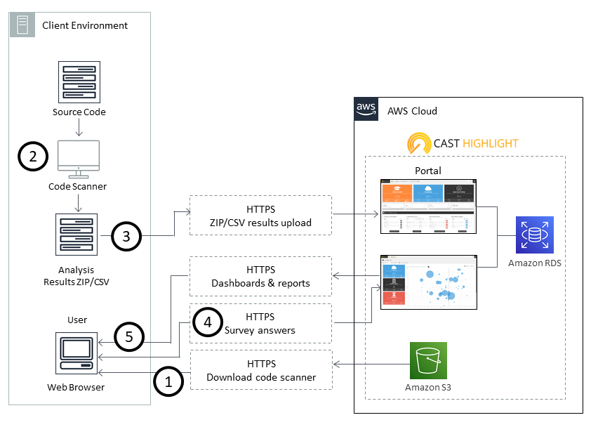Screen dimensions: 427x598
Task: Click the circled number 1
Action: pos(168,382)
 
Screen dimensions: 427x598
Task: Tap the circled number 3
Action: pos(126,236)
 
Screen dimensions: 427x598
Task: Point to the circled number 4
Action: pos(207,322)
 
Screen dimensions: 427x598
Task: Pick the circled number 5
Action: pos(128,336)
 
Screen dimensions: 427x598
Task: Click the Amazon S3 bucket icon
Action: pos(428,360)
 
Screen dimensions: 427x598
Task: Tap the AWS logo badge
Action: pos(366,110)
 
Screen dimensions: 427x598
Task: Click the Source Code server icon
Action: pos(79,80)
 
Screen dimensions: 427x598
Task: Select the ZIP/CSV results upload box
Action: pos(261,216)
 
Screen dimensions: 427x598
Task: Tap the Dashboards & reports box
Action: pos(261,276)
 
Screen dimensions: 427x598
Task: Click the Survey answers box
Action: pos(261,323)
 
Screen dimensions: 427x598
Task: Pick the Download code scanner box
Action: pos(261,370)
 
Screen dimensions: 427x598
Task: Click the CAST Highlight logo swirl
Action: pos(419,144)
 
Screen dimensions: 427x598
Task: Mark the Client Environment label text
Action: pos(85,26)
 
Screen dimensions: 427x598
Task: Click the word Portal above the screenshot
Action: pos(427,171)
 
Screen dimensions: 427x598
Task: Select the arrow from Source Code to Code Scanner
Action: pos(79,127)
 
